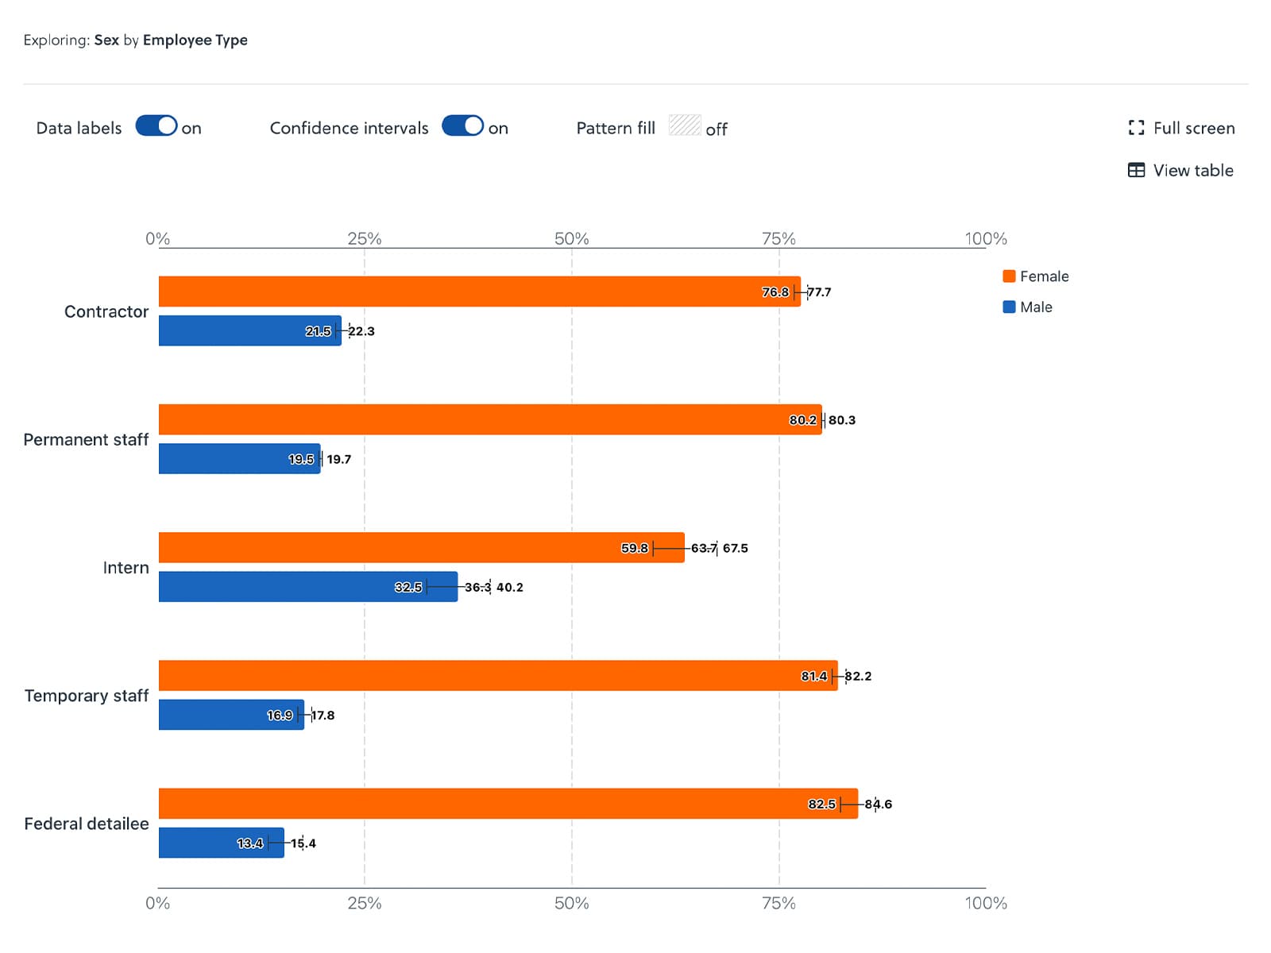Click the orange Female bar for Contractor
click(x=477, y=291)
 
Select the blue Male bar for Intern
click(x=308, y=587)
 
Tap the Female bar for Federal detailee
click(x=508, y=804)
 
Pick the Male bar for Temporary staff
click(x=231, y=715)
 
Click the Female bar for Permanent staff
click(x=490, y=419)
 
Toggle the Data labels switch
click(x=156, y=126)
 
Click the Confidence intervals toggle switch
click(x=462, y=126)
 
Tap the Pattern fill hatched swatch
click(x=684, y=125)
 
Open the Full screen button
click(x=1181, y=128)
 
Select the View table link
click(x=1180, y=170)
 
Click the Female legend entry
click(x=1036, y=276)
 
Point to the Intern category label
click(x=126, y=568)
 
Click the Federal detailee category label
click(x=87, y=824)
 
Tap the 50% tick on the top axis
click(x=571, y=238)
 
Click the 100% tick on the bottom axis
click(x=986, y=903)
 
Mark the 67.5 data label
click(x=736, y=548)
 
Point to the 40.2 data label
click(x=510, y=588)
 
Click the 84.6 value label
click(x=879, y=804)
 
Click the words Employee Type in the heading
click(x=195, y=40)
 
